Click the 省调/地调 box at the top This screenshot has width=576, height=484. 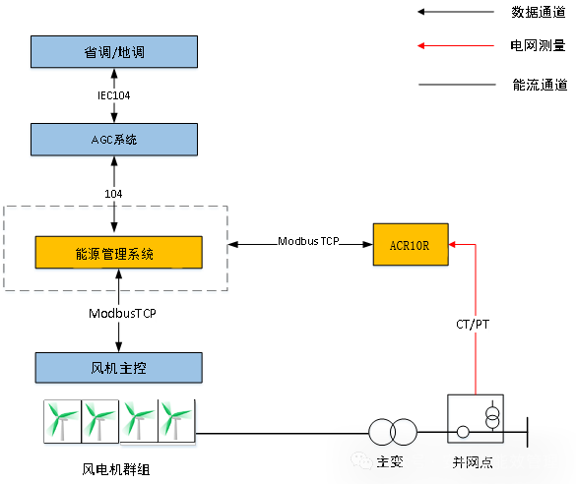click(113, 52)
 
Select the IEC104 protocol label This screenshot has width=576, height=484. click(113, 96)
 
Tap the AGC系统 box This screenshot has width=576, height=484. click(113, 140)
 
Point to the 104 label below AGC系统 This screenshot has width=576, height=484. click(113, 194)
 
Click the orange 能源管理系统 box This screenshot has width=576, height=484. click(118, 254)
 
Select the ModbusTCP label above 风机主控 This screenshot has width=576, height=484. click(122, 314)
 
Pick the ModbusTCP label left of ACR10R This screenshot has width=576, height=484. click(307, 241)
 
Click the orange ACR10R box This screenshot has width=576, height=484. click(409, 245)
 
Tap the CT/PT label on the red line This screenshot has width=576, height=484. click(473, 324)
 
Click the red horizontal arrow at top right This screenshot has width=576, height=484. click(455, 45)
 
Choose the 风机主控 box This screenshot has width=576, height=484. click(118, 368)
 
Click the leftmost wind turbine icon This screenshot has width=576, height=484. click(61, 423)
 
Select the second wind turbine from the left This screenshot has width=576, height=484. click(99, 423)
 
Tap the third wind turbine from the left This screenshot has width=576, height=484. click(138, 423)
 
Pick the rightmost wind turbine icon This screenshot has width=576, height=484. click(177, 423)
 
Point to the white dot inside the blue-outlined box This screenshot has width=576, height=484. click(463, 434)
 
